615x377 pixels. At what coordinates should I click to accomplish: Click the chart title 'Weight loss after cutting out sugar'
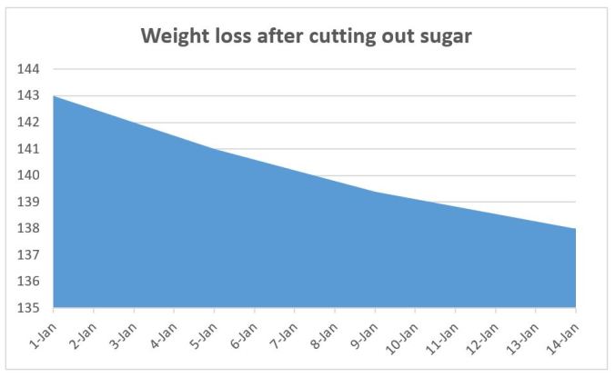[x=307, y=39]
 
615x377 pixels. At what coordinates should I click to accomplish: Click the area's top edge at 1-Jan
[x=55, y=95]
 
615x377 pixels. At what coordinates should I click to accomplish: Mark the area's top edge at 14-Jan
[x=575, y=229]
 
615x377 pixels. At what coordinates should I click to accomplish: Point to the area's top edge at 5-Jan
[x=215, y=149]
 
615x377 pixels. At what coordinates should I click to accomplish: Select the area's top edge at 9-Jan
[x=375, y=192]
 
